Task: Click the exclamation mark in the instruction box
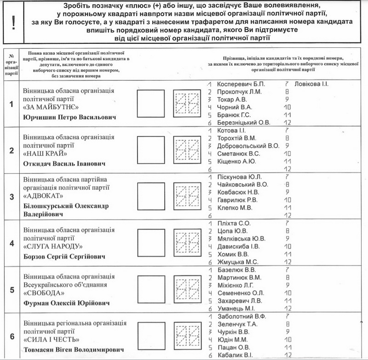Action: click(x=14, y=22)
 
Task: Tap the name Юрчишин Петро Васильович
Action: click(x=69, y=117)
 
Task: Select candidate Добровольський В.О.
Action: click(x=248, y=146)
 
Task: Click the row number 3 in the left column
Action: click(x=11, y=196)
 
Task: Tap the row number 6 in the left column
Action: click(x=11, y=336)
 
